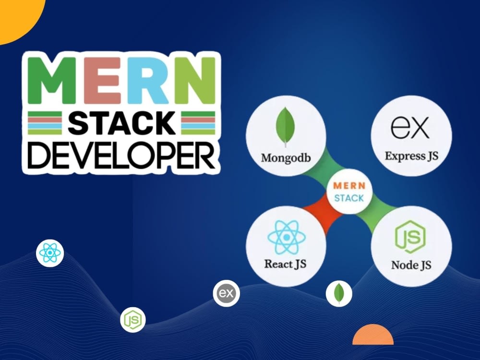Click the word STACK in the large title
point(121,123)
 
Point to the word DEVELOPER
point(121,156)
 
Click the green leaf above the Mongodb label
point(286,127)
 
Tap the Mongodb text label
point(286,158)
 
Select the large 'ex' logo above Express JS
point(410,127)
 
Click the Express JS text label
point(411,156)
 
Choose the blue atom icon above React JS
point(287,237)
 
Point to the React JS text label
point(285,264)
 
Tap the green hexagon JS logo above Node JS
point(410,238)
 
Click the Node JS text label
point(411,265)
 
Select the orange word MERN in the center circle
point(349,185)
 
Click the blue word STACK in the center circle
point(349,198)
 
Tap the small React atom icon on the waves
point(50,253)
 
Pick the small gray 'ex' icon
point(227,293)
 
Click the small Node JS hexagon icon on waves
point(133,320)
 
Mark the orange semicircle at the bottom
point(373,336)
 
